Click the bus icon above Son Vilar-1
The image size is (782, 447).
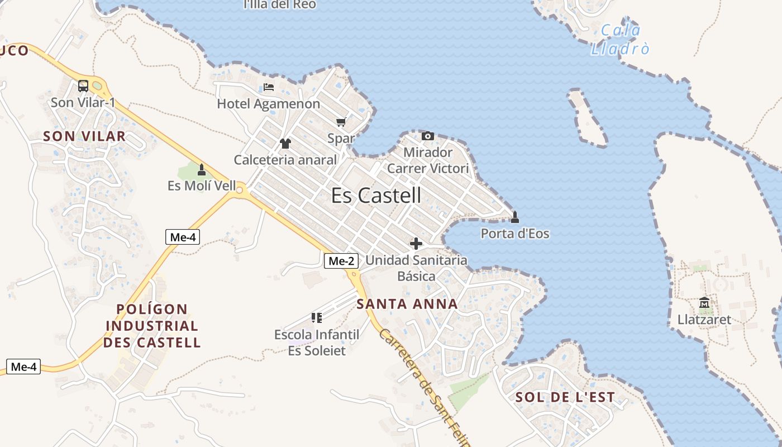coord(83,86)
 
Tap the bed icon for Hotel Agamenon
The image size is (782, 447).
coord(269,87)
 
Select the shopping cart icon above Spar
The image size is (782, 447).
coord(341,122)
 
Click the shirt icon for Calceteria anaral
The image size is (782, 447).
coord(285,144)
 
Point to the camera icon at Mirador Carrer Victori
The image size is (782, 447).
coord(428,136)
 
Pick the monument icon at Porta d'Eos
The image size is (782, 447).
coord(515,217)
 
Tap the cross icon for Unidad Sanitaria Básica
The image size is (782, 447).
coord(416,244)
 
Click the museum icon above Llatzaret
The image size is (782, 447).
coord(704,303)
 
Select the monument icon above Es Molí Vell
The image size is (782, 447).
coord(202,169)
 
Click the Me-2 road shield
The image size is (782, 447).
coord(341,260)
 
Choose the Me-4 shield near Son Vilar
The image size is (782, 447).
coord(183,237)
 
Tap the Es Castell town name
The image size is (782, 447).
coord(376,196)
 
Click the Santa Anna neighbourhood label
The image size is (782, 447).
coord(407,305)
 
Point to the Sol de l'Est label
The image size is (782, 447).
coord(565,398)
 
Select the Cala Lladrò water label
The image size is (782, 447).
coord(621,40)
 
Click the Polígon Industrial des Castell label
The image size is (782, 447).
coord(152,326)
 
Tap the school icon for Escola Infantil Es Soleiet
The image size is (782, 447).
coord(317,318)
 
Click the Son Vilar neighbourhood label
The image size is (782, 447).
coord(84,136)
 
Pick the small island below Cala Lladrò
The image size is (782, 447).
coord(586,118)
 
